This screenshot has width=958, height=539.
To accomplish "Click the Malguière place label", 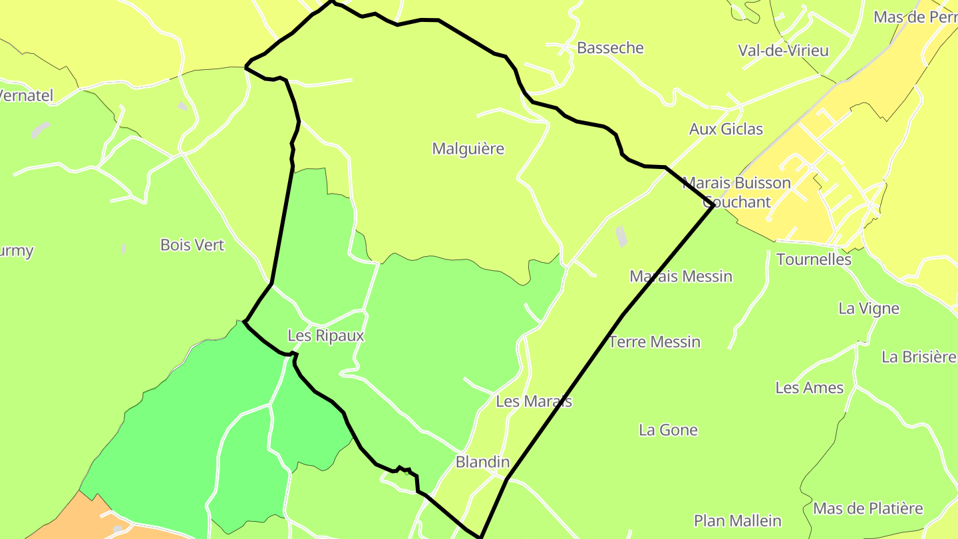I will click(x=468, y=149).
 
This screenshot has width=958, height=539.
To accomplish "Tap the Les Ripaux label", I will click(x=326, y=335).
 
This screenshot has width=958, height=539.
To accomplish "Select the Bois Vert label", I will click(x=192, y=245).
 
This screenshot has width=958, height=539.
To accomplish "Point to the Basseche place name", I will click(x=610, y=48).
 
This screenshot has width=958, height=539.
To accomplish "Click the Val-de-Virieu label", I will click(x=783, y=51).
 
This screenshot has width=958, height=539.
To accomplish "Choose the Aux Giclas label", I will click(x=726, y=129).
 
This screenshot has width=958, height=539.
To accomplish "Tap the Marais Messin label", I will click(x=681, y=276).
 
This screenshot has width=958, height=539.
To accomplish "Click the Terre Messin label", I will click(x=655, y=342).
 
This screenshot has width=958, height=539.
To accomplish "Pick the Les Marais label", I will click(x=534, y=401).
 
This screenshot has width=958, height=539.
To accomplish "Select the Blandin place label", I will click(x=482, y=462).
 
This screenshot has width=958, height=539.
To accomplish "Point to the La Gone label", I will click(x=668, y=430).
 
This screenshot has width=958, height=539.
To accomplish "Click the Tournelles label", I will click(x=814, y=260).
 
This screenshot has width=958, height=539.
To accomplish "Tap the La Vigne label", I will click(x=869, y=309).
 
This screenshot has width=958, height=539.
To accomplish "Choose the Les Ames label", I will click(x=809, y=388).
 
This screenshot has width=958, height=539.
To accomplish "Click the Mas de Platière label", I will click(x=868, y=509).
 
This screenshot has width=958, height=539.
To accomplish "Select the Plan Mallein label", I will click(x=737, y=520).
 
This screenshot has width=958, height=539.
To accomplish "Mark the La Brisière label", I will click(x=919, y=357).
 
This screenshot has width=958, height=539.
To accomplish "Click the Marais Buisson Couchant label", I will click(x=736, y=192).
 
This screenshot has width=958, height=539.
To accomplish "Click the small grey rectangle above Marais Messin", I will click(x=621, y=236).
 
